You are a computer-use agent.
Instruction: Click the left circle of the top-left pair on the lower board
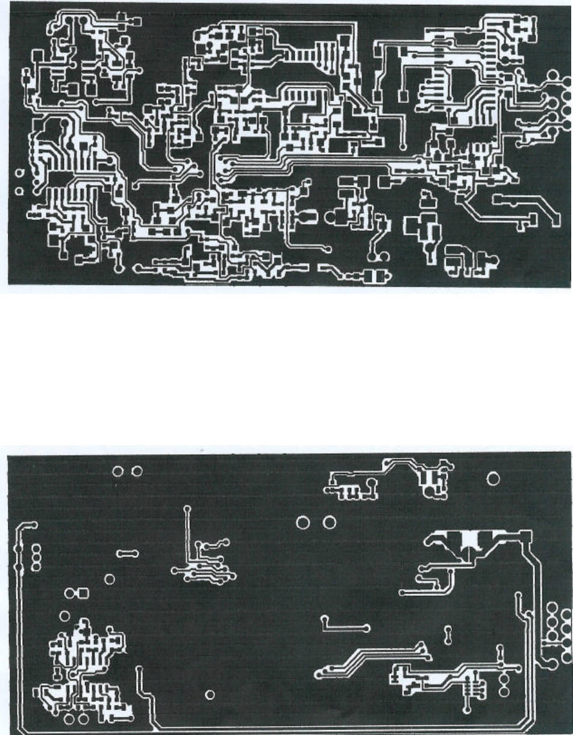pos(119,471)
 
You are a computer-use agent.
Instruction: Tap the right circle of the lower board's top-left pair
pos(137,471)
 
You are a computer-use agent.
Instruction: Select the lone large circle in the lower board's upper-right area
pos(493,479)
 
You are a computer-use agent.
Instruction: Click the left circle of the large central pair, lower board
pos(304,522)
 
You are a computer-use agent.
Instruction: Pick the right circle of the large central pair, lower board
pos(329,522)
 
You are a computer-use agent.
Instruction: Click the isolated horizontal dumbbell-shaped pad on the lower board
pos(128,553)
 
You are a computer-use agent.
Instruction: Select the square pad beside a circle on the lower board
pos(83,593)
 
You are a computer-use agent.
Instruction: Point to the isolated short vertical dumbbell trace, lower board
pos(448,634)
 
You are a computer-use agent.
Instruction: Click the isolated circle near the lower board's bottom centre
pos(210,695)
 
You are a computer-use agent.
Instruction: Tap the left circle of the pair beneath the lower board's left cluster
pos(69,719)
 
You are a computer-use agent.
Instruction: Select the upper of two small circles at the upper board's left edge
pos(19,173)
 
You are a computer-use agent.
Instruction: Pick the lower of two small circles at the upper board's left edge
pos(19,192)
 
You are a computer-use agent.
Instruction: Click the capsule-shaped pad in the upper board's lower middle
pos(307,217)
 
